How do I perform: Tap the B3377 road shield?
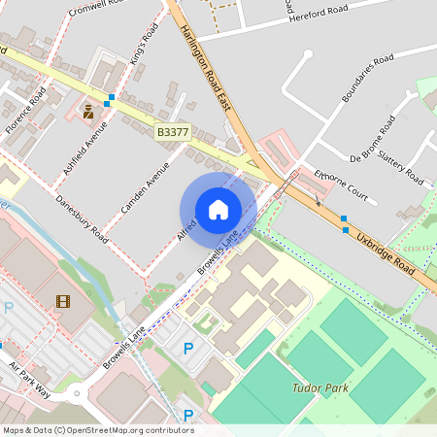172,131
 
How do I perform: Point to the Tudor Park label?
319,387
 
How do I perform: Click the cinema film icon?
63,301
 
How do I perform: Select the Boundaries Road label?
367,79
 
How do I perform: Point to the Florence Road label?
26,112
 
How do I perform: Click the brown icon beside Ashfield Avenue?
88,112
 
